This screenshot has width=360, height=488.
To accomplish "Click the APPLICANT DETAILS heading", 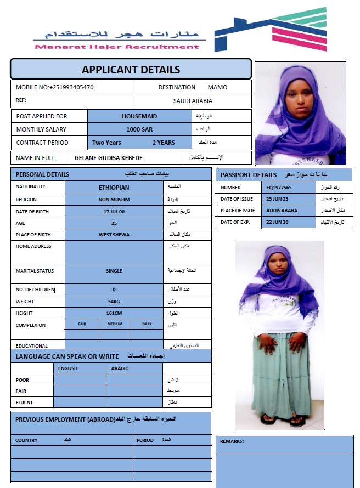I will pos(131,70).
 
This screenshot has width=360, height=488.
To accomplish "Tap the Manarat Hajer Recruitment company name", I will pos(116,47).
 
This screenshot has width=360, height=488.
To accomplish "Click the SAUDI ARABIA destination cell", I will pos(193,101).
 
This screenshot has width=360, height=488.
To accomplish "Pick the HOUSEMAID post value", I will pos(139,116).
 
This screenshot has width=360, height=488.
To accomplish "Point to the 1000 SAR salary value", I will pos(139,129).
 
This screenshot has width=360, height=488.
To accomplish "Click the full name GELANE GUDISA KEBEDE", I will pos(109,158).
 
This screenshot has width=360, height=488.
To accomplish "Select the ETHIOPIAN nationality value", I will pos(114,188).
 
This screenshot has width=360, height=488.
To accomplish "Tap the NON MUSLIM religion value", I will pos(114,200).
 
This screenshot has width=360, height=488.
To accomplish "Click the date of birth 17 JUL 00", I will pos(114,212).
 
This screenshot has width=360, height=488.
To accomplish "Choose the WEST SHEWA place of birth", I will pos(114,235).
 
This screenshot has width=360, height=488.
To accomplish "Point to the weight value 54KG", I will pos(114,302).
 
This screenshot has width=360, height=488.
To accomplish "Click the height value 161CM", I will pos(114,313).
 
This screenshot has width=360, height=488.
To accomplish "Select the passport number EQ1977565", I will pos(279,188).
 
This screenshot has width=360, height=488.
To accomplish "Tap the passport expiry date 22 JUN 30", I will pos(277,222).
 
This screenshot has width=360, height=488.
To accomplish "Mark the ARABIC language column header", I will pos(120,368).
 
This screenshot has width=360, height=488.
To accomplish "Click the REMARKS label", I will pos(232,441).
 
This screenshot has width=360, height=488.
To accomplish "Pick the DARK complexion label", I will pos(147,324).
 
